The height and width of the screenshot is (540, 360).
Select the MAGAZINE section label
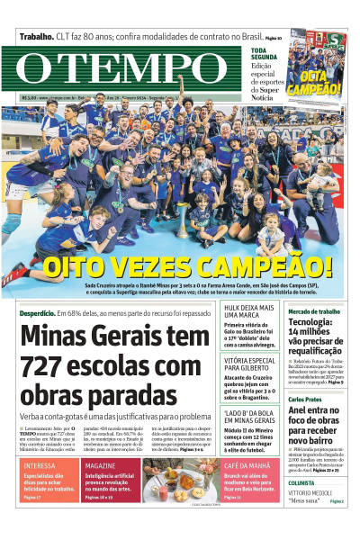pyautogui.click(x=101, y=465)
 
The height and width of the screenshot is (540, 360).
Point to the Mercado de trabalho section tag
pyautogui.click(x=313, y=310)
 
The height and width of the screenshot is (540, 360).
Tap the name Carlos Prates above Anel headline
pyautogui.click(x=304, y=399)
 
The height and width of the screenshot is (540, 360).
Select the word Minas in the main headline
pyautogui.click(x=57, y=337)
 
